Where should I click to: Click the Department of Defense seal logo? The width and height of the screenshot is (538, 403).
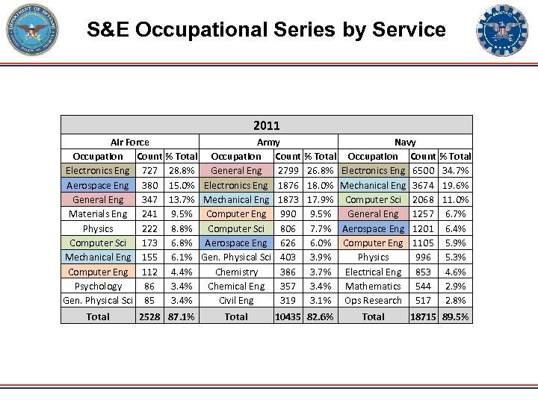tap(31, 30)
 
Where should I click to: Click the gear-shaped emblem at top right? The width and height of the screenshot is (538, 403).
tap(501, 31)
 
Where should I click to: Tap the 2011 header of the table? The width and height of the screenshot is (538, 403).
tap(267, 125)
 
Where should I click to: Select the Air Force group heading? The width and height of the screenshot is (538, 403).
tap(129, 142)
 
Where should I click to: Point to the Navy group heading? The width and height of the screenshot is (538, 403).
tap(405, 142)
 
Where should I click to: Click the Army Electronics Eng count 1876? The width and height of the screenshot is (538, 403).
tap(288, 185)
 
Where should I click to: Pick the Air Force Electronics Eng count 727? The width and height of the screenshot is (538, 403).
tap(149, 171)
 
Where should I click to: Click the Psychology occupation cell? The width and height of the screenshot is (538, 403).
tap(98, 286)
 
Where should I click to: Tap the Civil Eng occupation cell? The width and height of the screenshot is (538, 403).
tap(236, 301)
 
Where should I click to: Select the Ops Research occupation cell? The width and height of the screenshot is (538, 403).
tap(373, 301)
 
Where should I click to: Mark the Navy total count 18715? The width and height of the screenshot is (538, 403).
tap(423, 316)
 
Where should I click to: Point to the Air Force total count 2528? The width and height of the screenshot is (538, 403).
tap(149, 316)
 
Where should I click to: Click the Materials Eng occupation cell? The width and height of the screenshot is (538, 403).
tap(98, 214)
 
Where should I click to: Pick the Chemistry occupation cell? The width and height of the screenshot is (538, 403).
tap(236, 272)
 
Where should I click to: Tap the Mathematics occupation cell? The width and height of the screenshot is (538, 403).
tap(373, 286)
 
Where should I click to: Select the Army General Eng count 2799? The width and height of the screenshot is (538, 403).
tap(288, 171)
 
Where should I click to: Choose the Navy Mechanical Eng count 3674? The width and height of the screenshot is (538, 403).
tap(423, 185)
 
